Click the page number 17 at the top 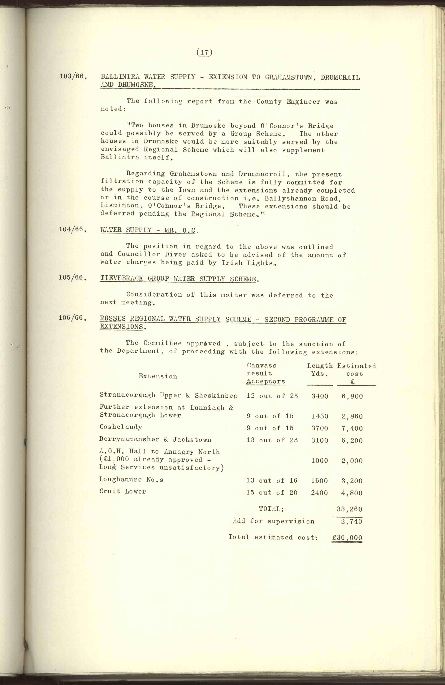pos(204,52)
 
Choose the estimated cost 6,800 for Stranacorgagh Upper pos(352,396)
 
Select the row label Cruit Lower pos(123,491)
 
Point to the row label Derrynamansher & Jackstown pos(155,440)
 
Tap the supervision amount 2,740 pos(351,521)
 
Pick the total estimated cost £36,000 pos(347,537)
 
